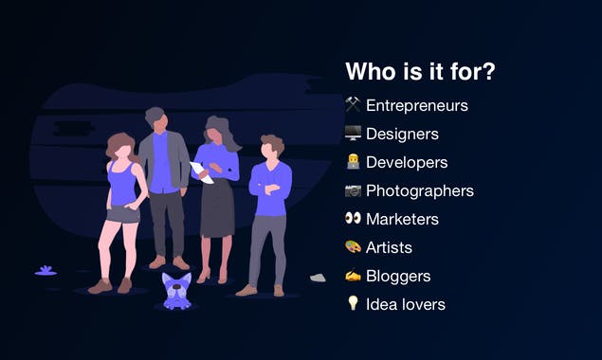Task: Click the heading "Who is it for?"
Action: click(420, 73)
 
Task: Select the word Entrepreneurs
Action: click(416, 105)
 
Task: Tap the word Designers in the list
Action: click(402, 134)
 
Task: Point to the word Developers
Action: click(407, 162)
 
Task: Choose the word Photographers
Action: click(419, 190)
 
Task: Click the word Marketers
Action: click(402, 219)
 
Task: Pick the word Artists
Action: click(389, 247)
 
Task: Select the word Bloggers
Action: click(398, 276)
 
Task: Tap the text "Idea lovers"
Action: click(405, 304)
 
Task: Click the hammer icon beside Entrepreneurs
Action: click(353, 105)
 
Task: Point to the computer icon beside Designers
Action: click(353, 134)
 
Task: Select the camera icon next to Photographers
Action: click(353, 190)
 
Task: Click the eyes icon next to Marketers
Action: click(353, 219)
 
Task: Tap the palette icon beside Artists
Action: click(353, 247)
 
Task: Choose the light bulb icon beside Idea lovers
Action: click(353, 304)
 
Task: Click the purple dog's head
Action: click(176, 286)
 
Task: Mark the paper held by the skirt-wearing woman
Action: click(200, 171)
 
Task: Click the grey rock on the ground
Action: click(318, 278)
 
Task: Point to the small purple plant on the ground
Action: click(46, 271)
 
